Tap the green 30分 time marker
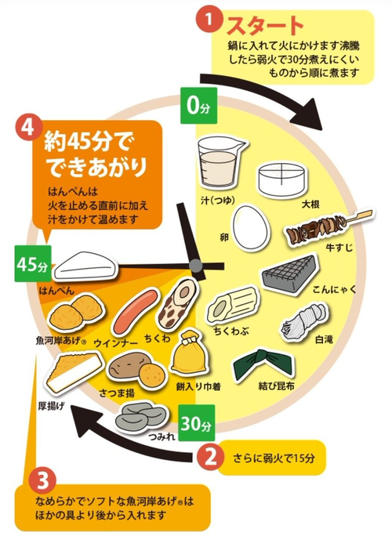(x=196, y=423)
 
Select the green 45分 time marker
(x=33, y=263)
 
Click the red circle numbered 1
(x=209, y=19)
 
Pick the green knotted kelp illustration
(x=263, y=364)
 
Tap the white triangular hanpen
(x=85, y=266)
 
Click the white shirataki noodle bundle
(x=303, y=321)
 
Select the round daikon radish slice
(x=282, y=179)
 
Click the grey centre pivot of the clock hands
(x=196, y=266)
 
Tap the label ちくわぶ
(x=231, y=331)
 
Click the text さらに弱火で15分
(x=274, y=458)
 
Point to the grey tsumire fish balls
(x=140, y=416)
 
